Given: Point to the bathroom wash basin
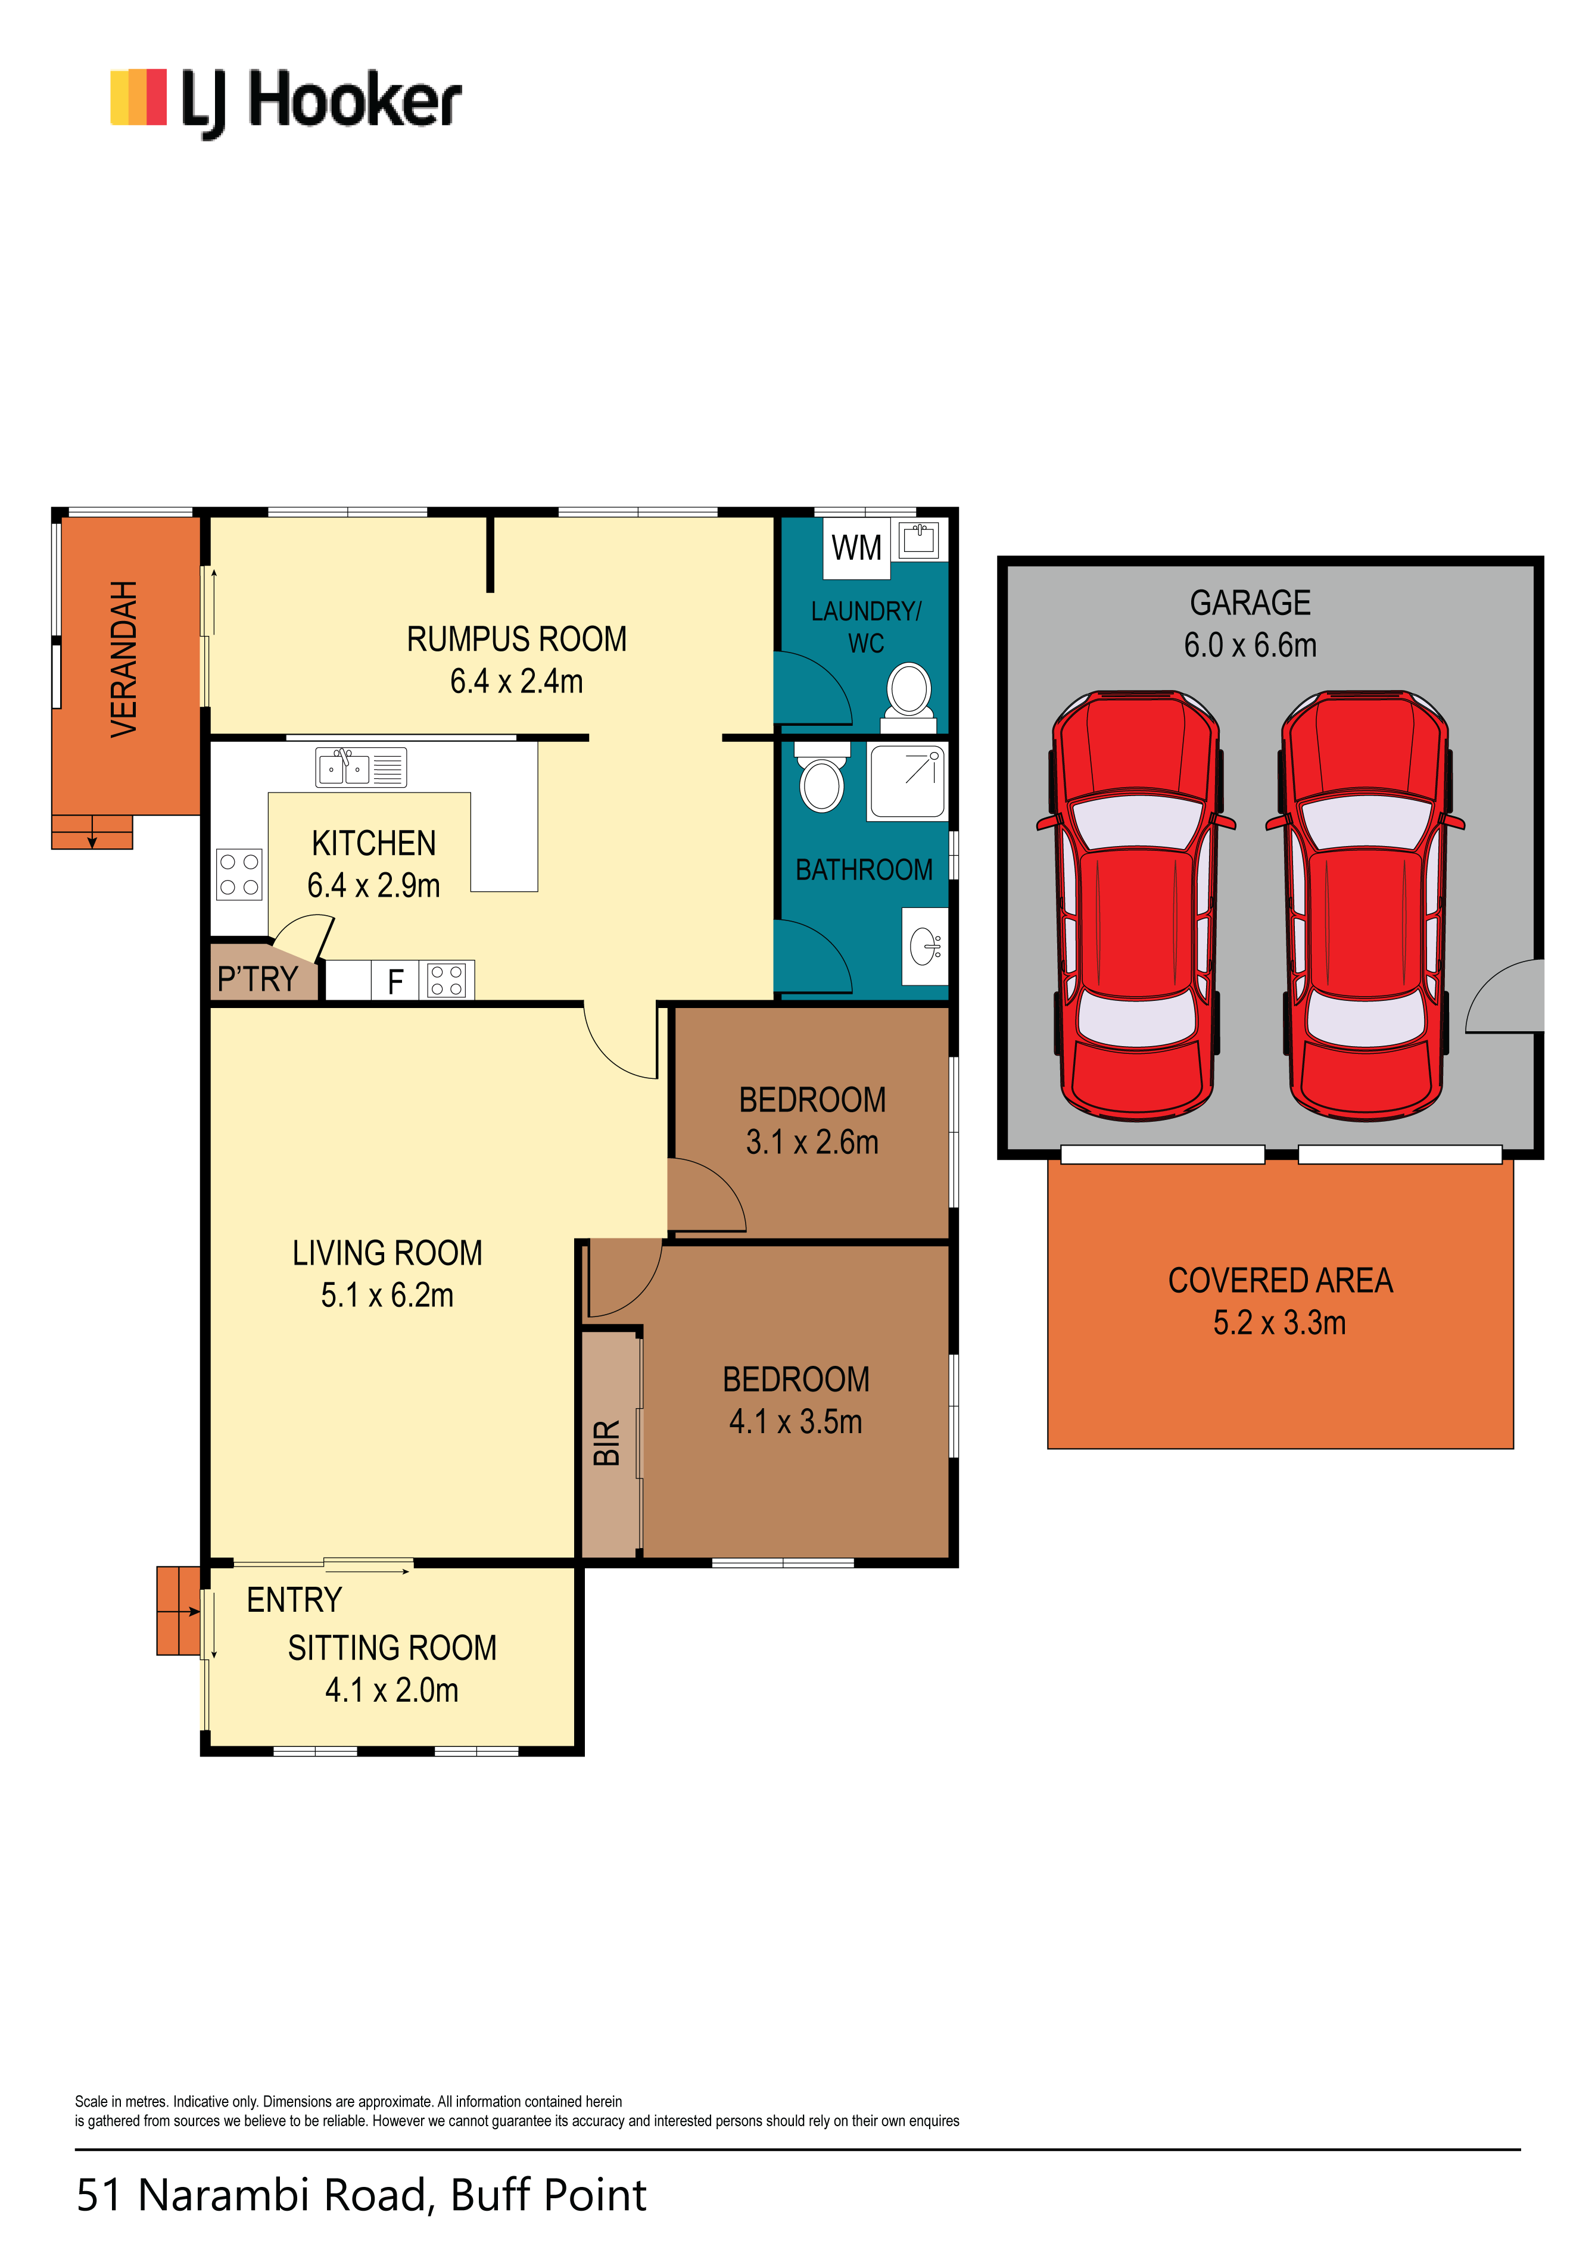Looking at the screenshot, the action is coord(925,946).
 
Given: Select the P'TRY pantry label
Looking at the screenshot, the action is coord(257,979).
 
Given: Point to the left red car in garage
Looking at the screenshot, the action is coord(1136,905).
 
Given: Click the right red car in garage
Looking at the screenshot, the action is coord(1365,905).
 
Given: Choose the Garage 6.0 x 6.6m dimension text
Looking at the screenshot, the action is coord(1250,645).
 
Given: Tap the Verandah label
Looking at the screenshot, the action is coord(124,659).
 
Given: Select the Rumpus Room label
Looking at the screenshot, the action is coord(517,639).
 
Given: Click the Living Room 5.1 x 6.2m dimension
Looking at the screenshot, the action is coord(387,1295).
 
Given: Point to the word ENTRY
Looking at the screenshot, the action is coord(294,1600).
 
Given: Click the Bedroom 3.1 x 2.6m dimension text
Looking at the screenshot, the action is coord(812,1142).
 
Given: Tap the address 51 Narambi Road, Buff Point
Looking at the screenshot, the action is coord(362,2194).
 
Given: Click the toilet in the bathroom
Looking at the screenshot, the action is coord(821,777).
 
